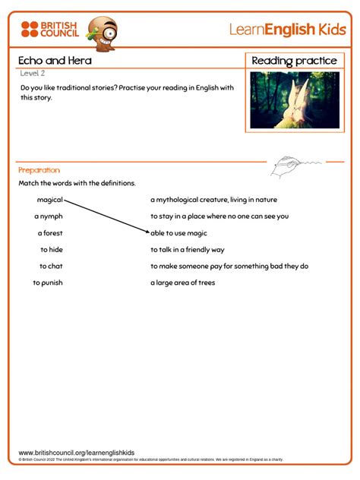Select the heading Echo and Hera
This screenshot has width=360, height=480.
(46, 61)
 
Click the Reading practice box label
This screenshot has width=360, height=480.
(294, 61)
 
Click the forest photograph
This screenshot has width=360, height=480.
(294, 99)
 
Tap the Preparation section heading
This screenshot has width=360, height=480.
(39, 170)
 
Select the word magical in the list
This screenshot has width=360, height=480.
(50, 200)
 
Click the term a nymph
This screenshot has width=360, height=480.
(48, 216)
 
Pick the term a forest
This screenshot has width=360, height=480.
(49, 233)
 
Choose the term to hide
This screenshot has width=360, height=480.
(52, 249)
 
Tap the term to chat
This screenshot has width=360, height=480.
(51, 266)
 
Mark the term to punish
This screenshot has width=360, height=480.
(47, 283)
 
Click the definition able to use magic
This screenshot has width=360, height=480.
(179, 233)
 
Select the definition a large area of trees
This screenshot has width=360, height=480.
(182, 283)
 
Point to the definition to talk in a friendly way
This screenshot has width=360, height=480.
(187, 249)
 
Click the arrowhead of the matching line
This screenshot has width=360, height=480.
(149, 232)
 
